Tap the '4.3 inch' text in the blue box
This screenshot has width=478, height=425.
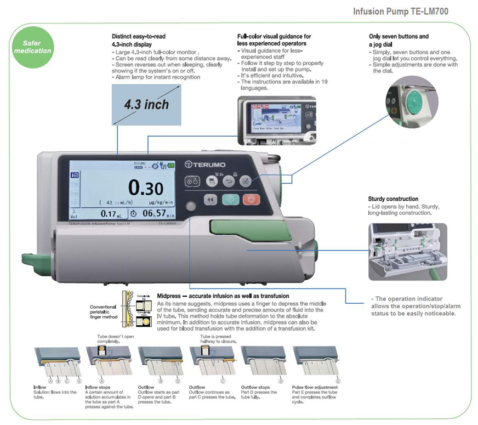coord(145,104)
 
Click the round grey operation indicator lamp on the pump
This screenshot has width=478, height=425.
coord(190,207)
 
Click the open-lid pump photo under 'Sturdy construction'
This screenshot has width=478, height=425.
coord(407,251)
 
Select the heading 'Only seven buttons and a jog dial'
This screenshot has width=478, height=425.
coord(399,39)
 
